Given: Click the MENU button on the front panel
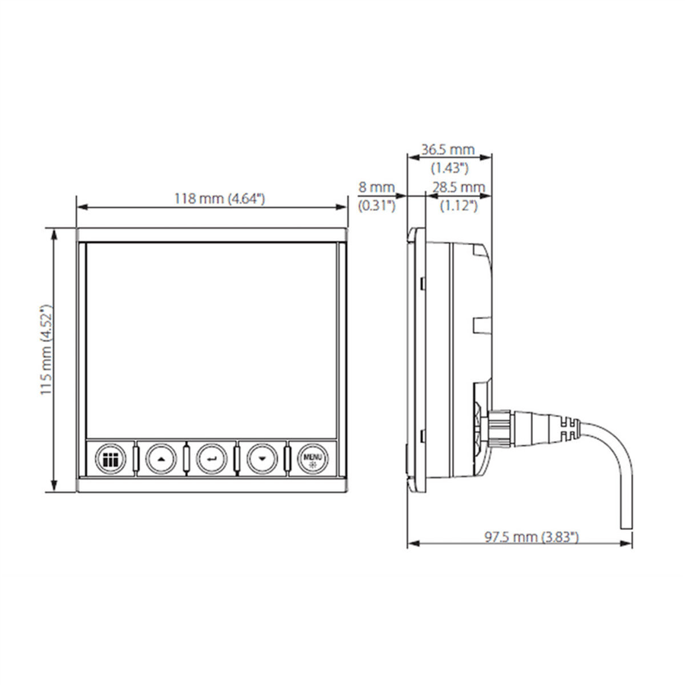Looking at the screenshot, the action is [x=314, y=459].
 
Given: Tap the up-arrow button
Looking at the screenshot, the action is [x=161, y=459].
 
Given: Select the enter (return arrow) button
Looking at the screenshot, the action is [x=212, y=459].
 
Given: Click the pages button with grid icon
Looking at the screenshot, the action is [x=110, y=459].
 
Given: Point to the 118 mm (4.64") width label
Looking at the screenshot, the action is [x=220, y=199].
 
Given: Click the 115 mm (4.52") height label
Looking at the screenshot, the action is [x=46, y=349].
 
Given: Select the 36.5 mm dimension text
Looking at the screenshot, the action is [x=448, y=149].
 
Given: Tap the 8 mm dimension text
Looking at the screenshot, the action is [x=377, y=187].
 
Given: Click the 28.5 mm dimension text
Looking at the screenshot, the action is [x=459, y=187].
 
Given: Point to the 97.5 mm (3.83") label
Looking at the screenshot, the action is [x=532, y=537].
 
